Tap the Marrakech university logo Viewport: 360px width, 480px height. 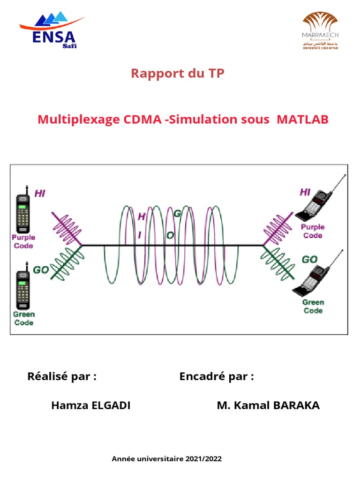pos(320,30)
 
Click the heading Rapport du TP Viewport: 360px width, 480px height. pos(177,74)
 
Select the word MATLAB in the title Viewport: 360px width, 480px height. pos(302,120)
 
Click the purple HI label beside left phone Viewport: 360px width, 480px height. pos(40,193)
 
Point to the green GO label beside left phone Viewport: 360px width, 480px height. pos(41,270)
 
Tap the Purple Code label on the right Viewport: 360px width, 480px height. pos(313,231)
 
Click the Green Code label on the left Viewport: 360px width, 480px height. pos(23,318)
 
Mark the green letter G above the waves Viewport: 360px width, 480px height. pos(178,214)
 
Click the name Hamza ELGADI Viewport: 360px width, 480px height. pos(91,406)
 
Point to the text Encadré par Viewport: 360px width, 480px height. pos(217,376)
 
